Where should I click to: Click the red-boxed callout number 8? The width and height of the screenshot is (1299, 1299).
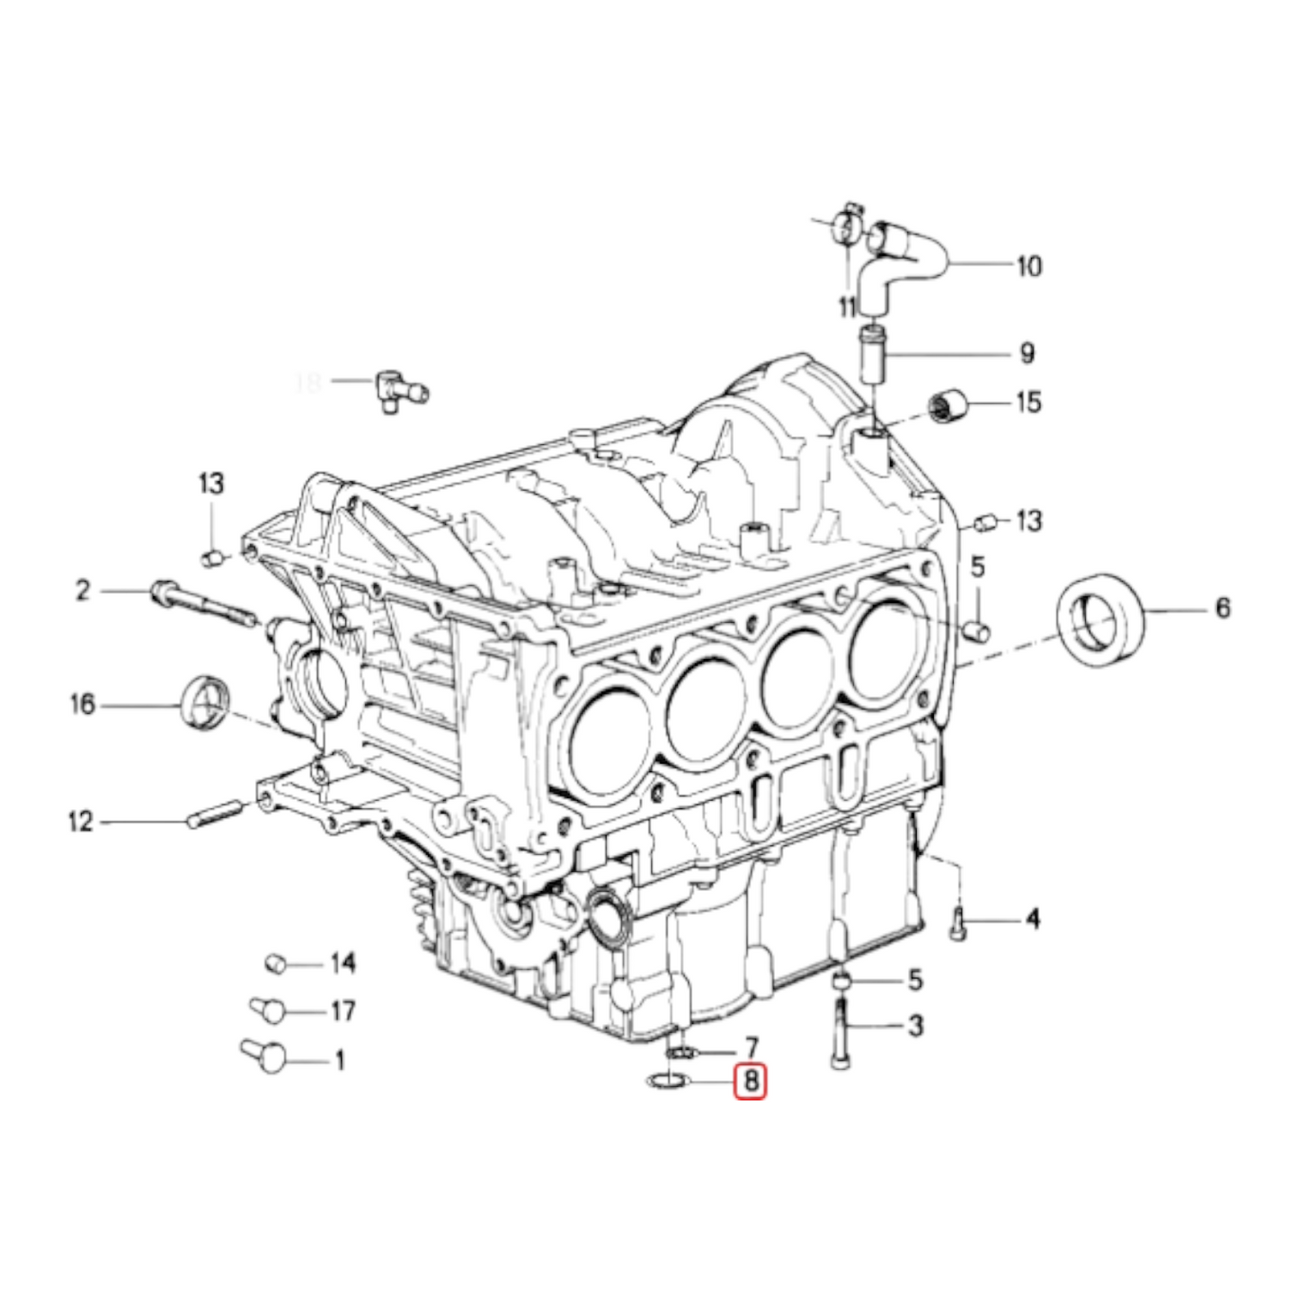click(751, 1081)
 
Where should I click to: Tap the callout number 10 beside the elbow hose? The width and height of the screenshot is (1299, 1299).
click(1028, 266)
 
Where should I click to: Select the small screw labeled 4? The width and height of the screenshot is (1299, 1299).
click(958, 924)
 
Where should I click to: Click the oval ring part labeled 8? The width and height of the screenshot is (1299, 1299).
click(667, 1081)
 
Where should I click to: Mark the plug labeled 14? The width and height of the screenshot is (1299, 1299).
click(275, 965)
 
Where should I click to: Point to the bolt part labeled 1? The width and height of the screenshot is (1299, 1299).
click(264, 1054)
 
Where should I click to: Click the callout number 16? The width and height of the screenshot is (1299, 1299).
click(82, 704)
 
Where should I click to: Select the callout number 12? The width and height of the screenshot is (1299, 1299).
click(80, 822)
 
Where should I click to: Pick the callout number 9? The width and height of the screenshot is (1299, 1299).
click(1027, 353)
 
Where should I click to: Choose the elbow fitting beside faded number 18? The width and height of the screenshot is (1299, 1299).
click(396, 389)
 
